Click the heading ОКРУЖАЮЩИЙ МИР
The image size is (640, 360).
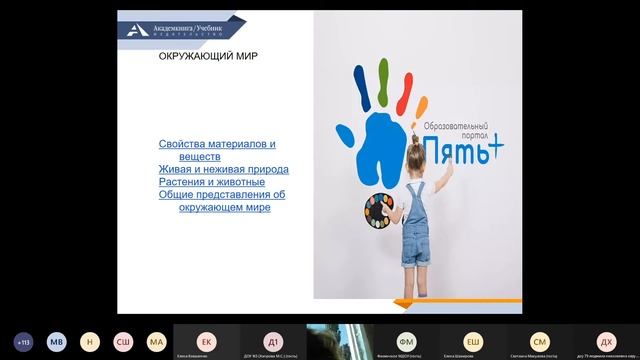click(209, 57)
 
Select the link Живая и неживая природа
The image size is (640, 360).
click(223, 170)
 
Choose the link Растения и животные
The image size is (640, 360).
click(211, 183)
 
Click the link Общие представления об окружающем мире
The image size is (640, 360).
click(222, 201)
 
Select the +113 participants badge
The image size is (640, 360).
click(24, 341)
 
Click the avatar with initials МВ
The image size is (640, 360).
click(57, 341)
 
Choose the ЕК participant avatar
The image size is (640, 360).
click(206, 340)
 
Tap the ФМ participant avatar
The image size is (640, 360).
click(406, 340)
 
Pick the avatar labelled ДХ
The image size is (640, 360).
click(606, 340)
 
